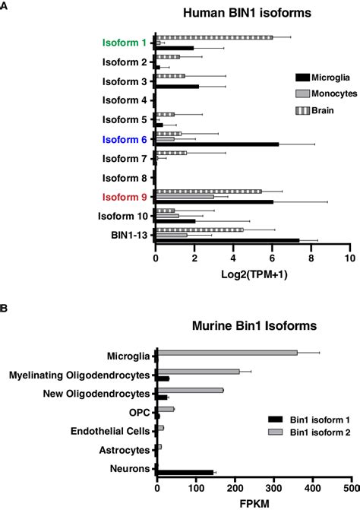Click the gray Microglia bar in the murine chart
tap(215, 353)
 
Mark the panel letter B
tap(5, 309)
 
